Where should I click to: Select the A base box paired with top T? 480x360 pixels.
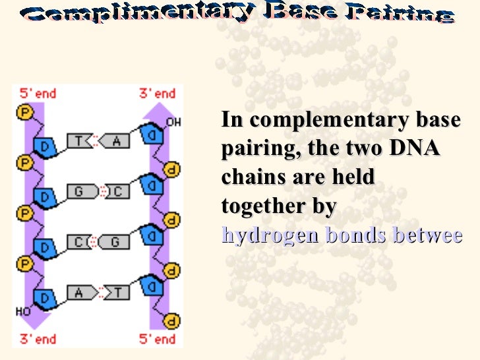coord(118,140)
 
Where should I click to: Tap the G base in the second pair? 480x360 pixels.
coord(78,192)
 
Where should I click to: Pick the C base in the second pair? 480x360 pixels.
coord(118,192)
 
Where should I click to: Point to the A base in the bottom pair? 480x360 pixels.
coord(78,292)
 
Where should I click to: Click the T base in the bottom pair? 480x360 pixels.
coord(118,292)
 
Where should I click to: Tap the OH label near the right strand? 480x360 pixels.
coord(173,122)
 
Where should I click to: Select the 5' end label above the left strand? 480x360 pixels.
coord(38,94)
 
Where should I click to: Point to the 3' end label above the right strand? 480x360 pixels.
coord(158,94)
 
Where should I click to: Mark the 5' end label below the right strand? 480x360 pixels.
coord(158,339)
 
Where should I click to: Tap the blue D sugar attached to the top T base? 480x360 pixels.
coord(45,146)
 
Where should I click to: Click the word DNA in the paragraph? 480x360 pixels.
coord(414,149)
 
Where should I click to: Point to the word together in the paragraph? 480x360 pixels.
coord(260,206)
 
